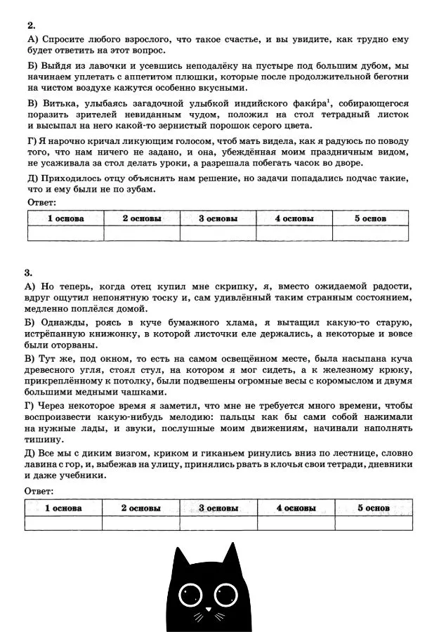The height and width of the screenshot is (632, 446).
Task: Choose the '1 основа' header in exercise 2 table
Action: click(x=65, y=218)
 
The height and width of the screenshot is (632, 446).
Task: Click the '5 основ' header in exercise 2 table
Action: click(x=370, y=218)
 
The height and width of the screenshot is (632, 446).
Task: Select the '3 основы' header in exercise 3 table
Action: click(x=218, y=507)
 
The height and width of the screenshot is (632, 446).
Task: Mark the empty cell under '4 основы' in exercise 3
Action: click(x=296, y=522)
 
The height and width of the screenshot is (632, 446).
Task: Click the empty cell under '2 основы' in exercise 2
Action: click(x=141, y=233)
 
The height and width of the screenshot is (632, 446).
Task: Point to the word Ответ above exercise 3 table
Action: click(x=40, y=491)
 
